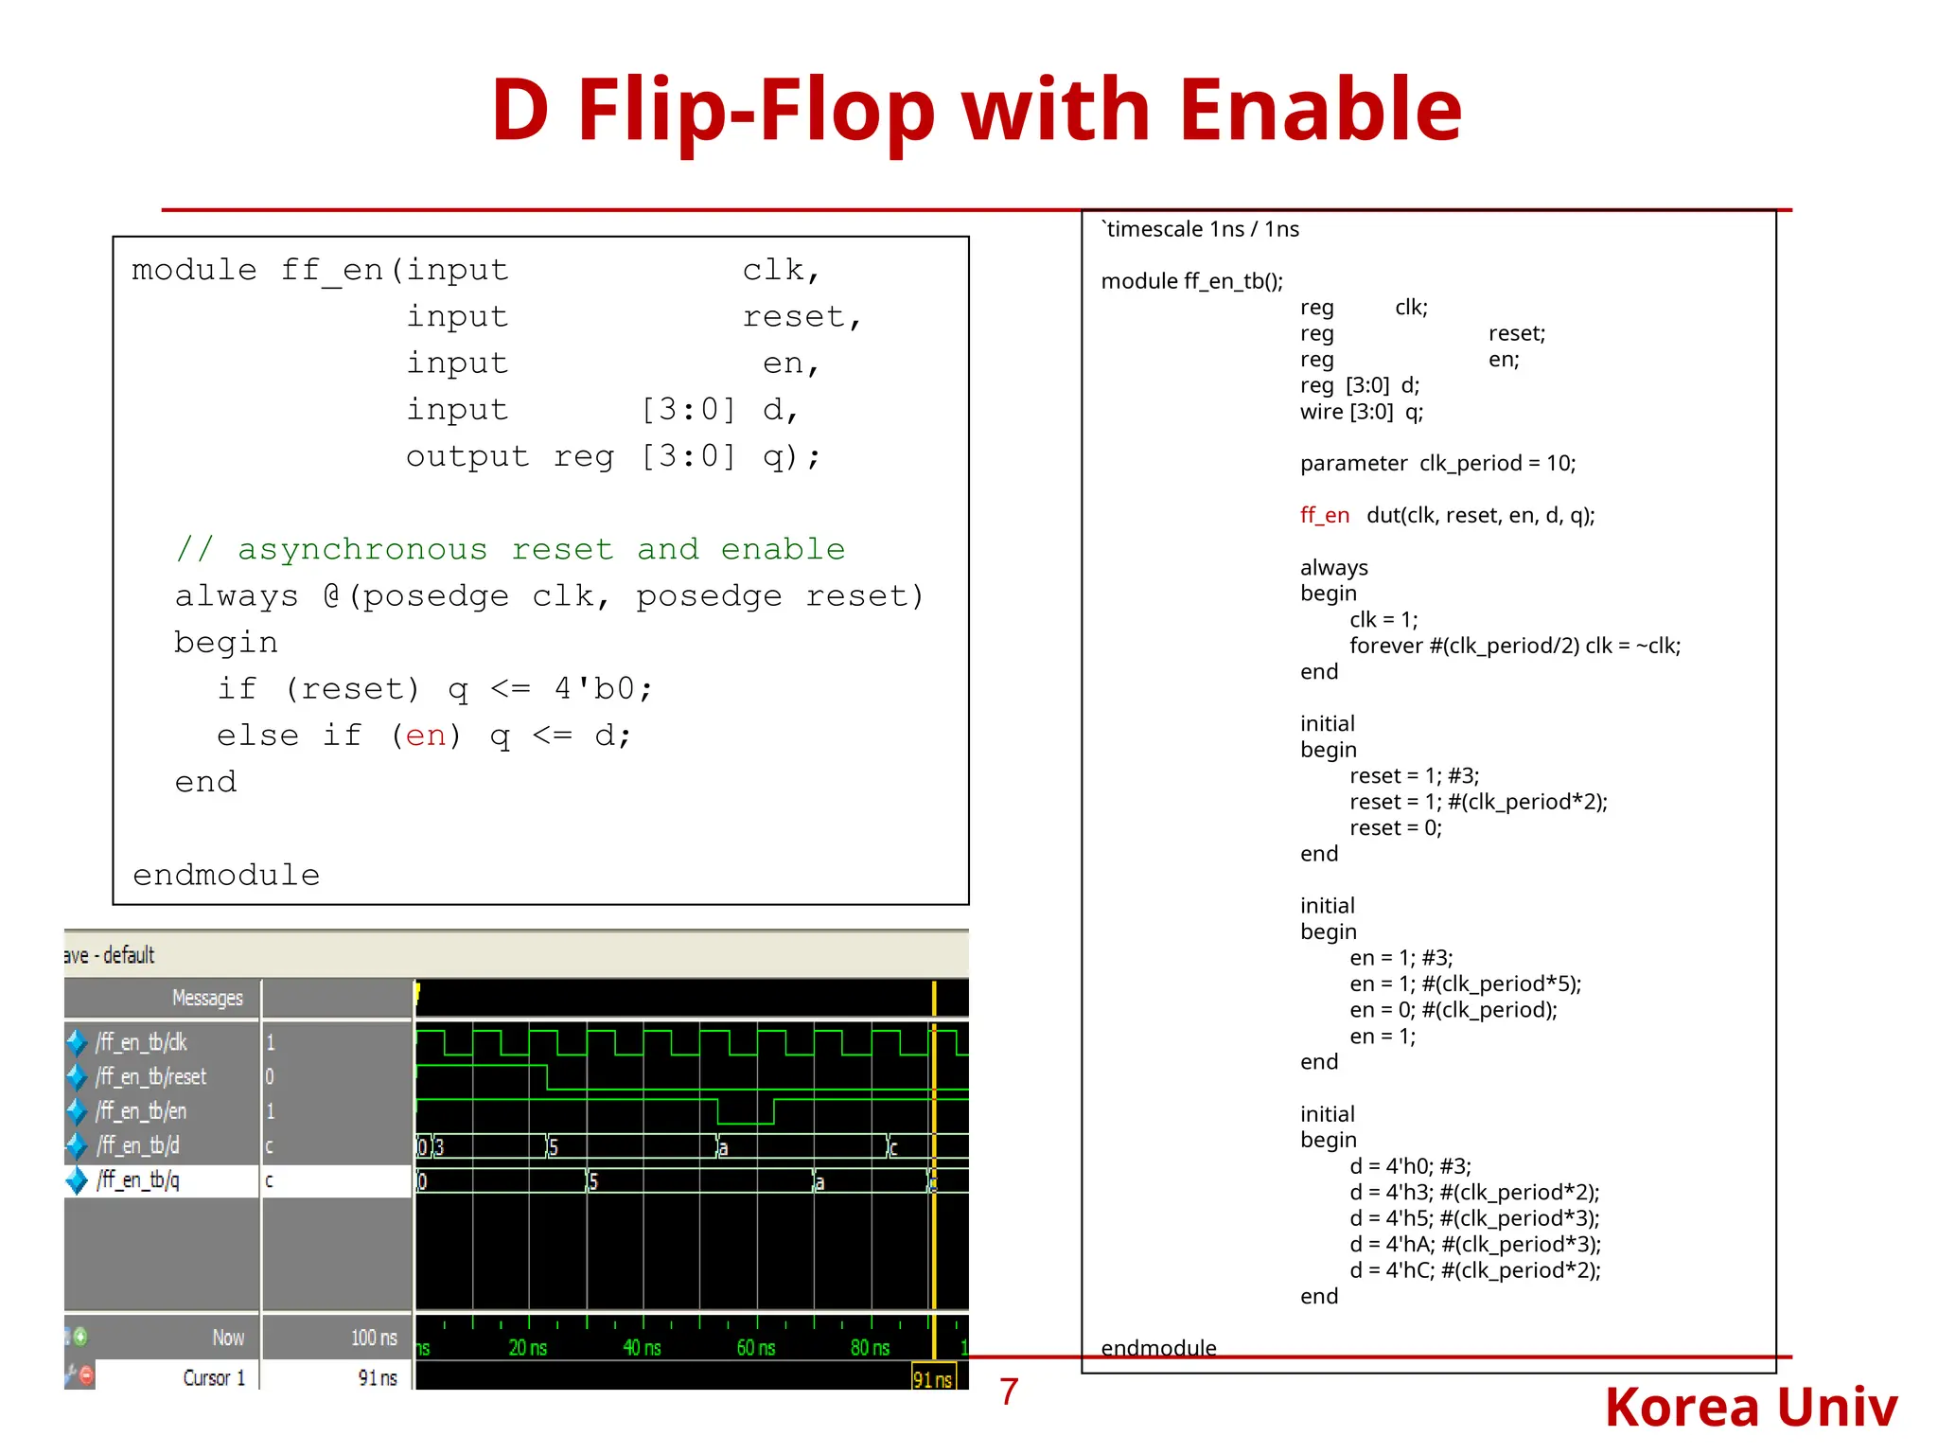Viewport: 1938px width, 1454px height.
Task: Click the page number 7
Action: (1009, 1392)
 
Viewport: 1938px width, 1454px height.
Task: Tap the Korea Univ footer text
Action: (1751, 1407)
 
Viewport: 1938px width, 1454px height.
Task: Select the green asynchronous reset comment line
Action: (510, 549)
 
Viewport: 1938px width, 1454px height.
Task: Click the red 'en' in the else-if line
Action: (425, 736)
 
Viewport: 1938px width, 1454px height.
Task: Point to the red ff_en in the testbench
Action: (1324, 515)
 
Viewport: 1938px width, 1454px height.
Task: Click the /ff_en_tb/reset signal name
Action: (150, 1076)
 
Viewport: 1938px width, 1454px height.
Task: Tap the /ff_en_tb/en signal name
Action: (141, 1110)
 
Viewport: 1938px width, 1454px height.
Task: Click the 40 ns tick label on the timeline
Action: (642, 1347)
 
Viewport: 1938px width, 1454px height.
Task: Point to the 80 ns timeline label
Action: (870, 1347)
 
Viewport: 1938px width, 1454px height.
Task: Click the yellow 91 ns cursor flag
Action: (932, 1379)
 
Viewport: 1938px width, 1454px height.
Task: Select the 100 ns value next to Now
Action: (374, 1338)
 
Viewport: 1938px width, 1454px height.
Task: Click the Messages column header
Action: (207, 998)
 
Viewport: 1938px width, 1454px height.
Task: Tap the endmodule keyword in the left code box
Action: (226, 875)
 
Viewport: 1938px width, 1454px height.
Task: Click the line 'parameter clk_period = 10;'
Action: (1437, 463)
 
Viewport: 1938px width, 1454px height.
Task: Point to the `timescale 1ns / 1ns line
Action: (1201, 229)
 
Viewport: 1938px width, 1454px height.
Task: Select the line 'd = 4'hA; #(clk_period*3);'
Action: (1474, 1244)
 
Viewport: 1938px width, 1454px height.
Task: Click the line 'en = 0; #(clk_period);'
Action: (1453, 1010)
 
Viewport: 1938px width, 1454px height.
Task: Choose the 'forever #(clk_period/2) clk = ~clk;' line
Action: (1514, 646)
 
